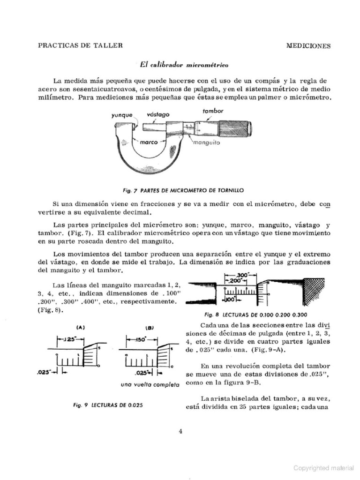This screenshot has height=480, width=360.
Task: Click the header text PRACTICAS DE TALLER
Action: pyautogui.click(x=80, y=45)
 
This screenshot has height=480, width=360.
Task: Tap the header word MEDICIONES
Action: pyautogui.click(x=308, y=46)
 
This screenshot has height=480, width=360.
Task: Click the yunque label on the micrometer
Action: pyautogui.click(x=122, y=114)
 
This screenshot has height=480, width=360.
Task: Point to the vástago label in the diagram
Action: pyautogui.click(x=158, y=114)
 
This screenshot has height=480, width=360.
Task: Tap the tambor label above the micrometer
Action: pyautogui.click(x=213, y=111)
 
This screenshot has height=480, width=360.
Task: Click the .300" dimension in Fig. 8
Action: pyautogui.click(x=242, y=275)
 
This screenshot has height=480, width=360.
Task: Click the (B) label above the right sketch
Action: pyautogui.click(x=150, y=328)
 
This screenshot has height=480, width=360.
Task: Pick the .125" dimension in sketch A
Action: pyautogui.click(x=69, y=339)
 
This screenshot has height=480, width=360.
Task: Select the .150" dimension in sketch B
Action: pyautogui.click(x=141, y=339)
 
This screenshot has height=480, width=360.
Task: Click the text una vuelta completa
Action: pyautogui.click(x=150, y=384)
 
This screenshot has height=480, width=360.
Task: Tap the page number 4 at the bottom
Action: pyautogui.click(x=180, y=432)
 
